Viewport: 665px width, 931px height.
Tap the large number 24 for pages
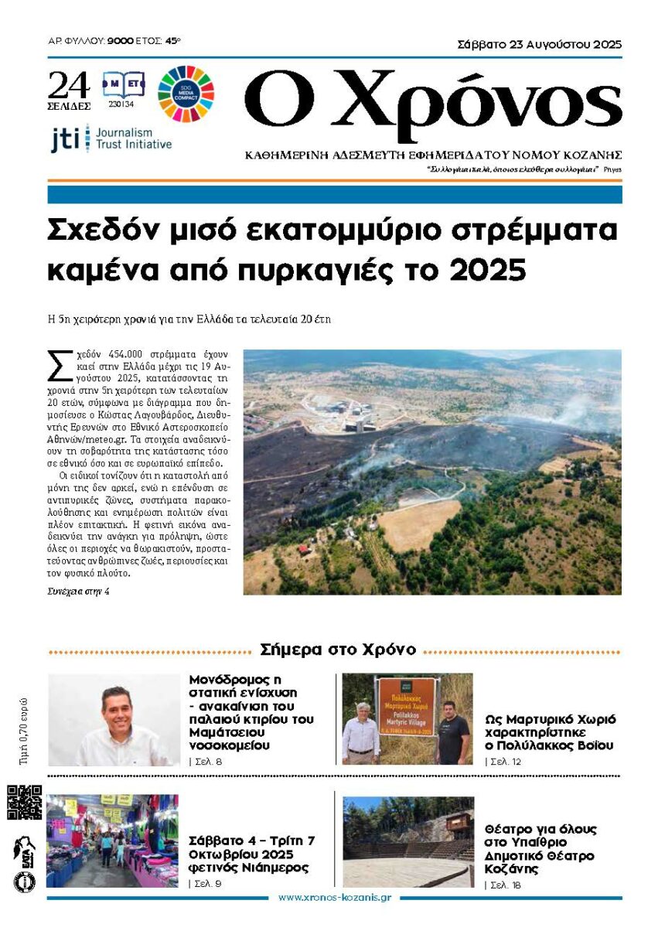[x=68, y=85]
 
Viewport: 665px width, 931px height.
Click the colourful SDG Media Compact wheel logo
[x=186, y=94]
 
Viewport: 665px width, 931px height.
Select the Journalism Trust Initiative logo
[x=111, y=138]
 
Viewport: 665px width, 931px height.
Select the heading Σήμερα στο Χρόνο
[x=339, y=650]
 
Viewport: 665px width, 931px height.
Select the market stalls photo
[x=112, y=840]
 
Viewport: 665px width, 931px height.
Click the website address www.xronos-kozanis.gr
[x=334, y=898]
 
